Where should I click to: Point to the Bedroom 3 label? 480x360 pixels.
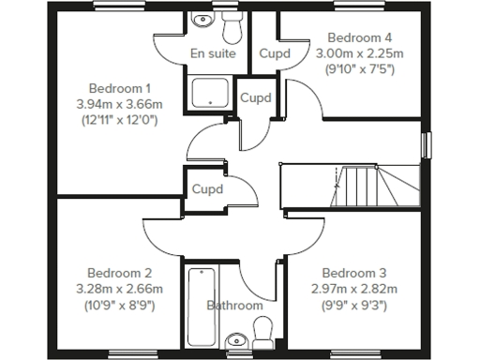tap(349, 273)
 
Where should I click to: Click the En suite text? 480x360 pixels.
tap(213, 53)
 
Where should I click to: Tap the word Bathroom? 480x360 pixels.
tap(234, 306)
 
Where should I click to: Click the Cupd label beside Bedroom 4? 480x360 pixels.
tap(275, 53)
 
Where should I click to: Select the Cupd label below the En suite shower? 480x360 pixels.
tap(256, 98)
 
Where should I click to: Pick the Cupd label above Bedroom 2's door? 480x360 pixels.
tap(208, 188)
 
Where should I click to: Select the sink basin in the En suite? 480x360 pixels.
tap(199, 22)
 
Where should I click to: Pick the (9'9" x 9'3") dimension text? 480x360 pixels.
tap(349, 304)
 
